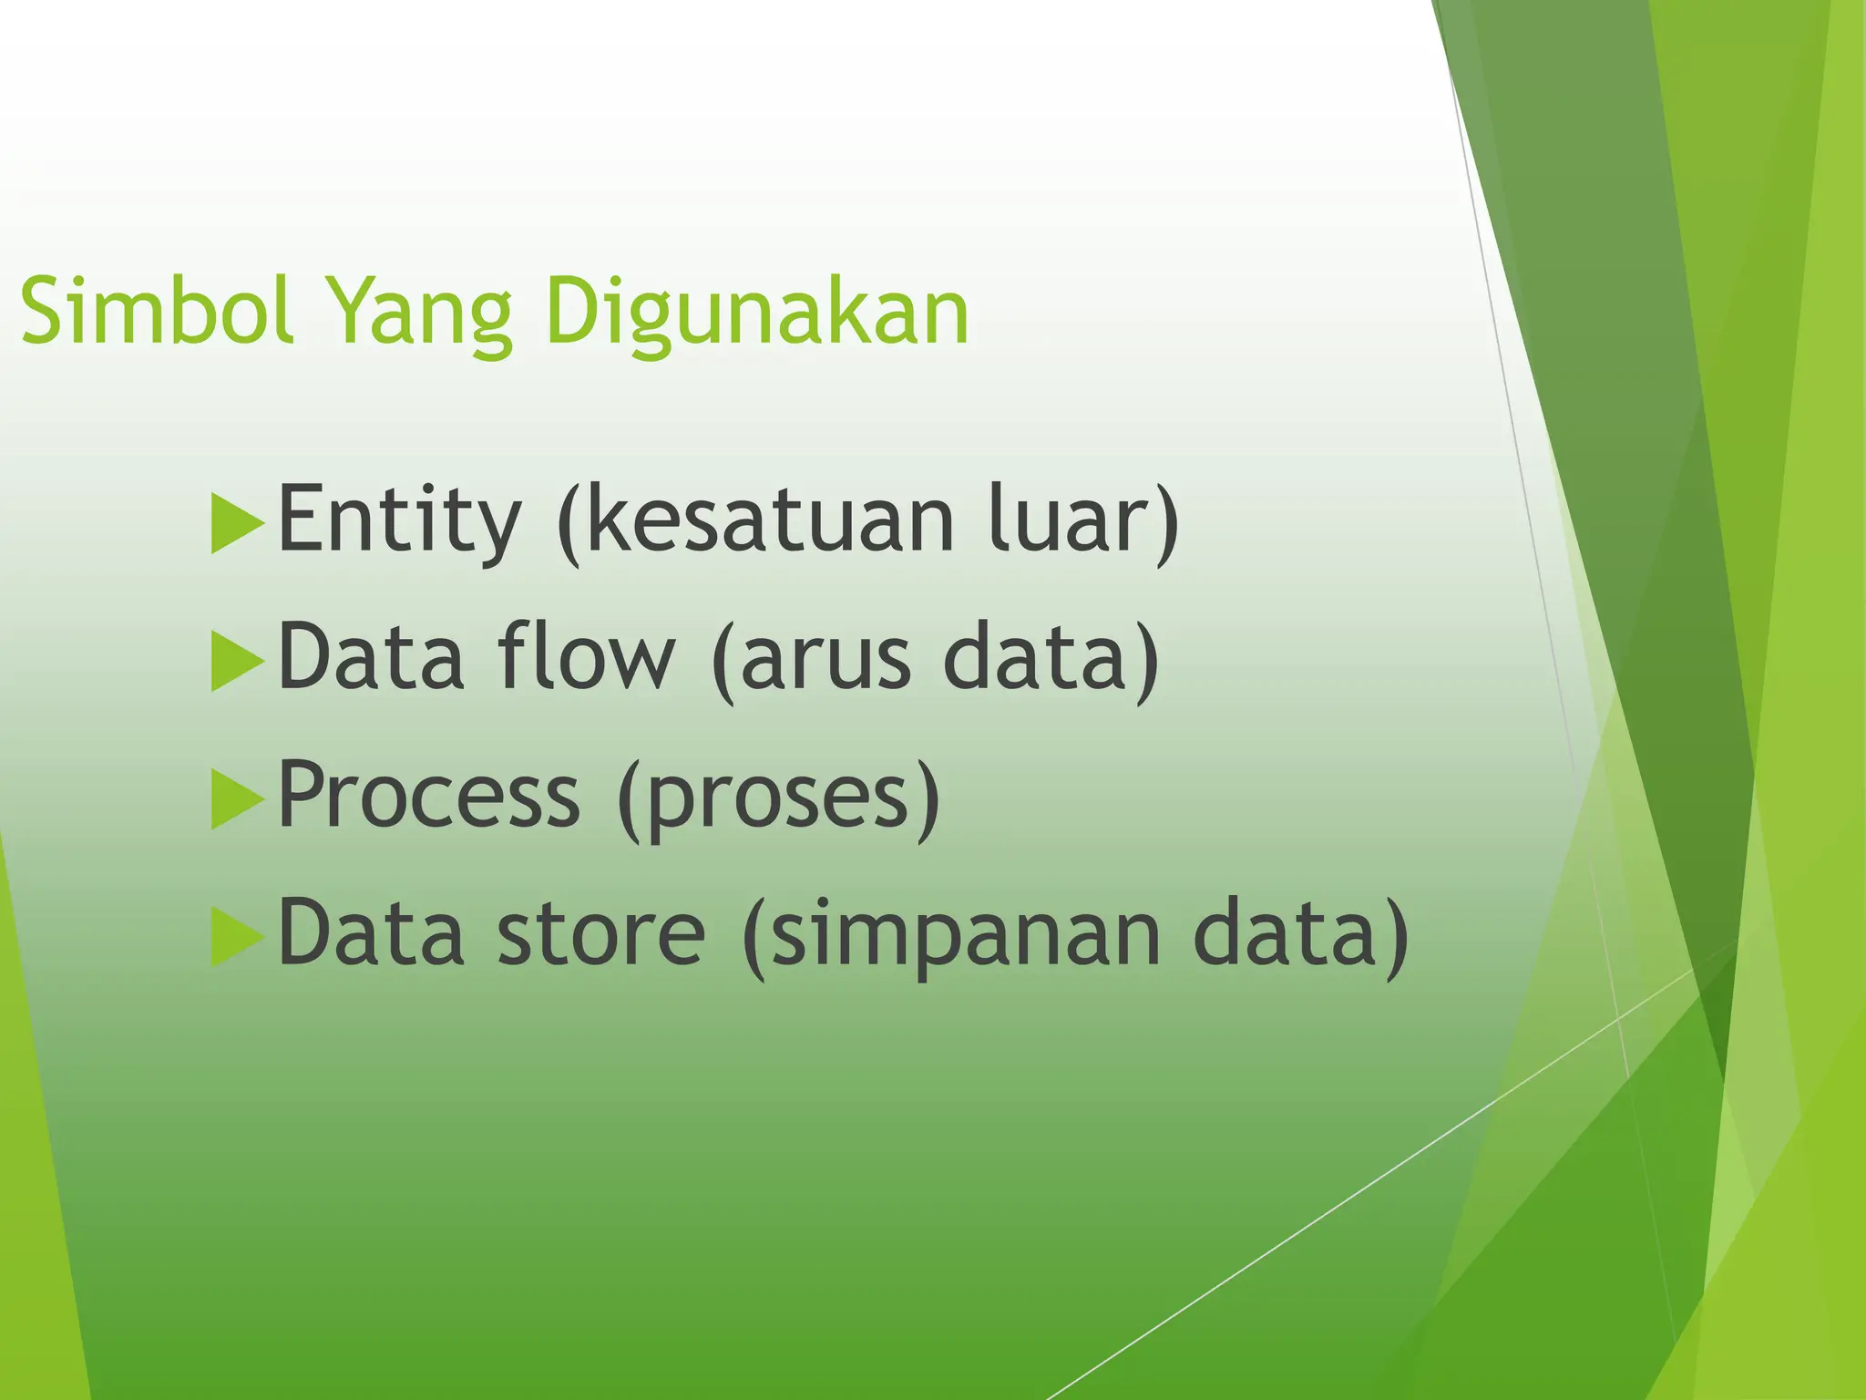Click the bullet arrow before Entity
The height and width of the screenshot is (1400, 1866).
click(235, 523)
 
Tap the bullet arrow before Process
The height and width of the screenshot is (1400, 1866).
click(235, 798)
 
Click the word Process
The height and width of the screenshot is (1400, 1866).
click(428, 795)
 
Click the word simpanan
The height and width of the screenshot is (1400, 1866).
click(966, 936)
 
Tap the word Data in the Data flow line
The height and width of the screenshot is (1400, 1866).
click(371, 656)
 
